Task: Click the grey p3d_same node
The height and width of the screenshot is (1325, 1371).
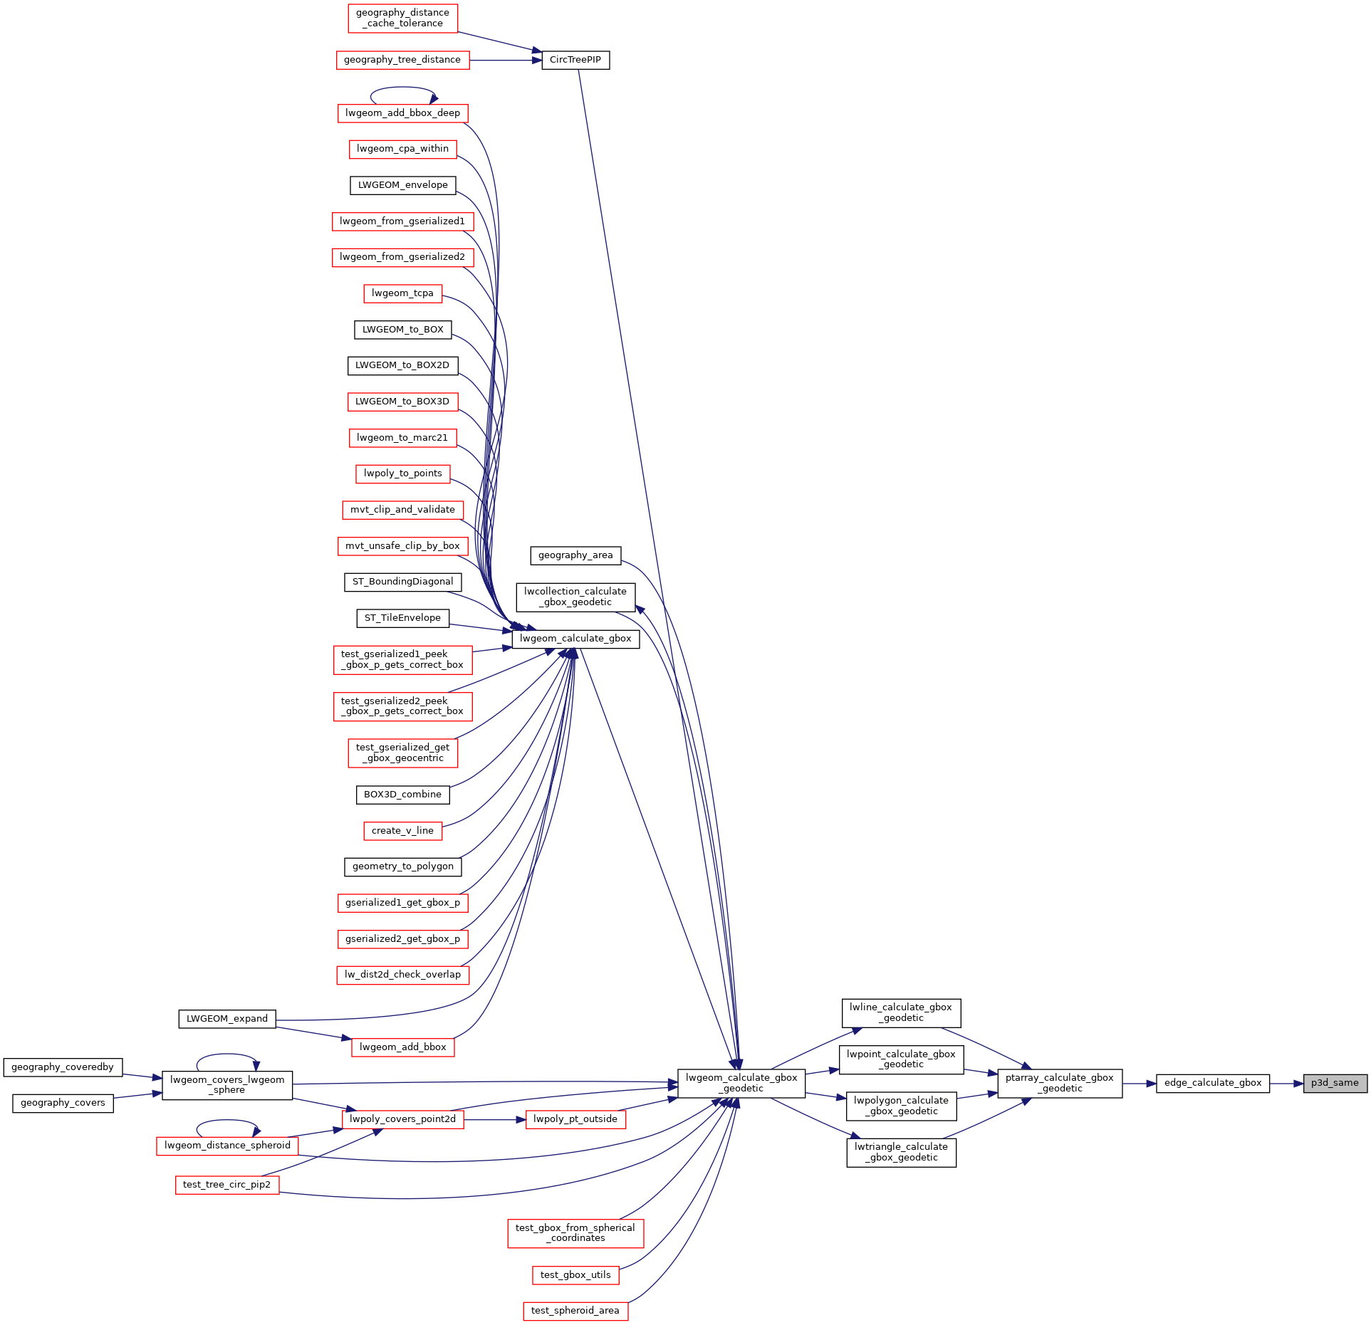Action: [1335, 1083]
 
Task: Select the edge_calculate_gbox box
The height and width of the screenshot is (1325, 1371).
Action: [1212, 1083]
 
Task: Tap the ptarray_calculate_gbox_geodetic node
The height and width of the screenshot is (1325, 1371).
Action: [1059, 1083]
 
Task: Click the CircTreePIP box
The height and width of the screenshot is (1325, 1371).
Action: [575, 60]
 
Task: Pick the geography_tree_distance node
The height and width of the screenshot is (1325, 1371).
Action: [402, 60]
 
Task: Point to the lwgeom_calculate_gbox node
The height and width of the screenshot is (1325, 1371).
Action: [575, 639]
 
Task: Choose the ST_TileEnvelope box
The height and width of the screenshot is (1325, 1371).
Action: [402, 618]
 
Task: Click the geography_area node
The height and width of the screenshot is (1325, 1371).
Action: [575, 555]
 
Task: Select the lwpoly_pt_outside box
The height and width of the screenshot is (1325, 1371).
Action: [575, 1119]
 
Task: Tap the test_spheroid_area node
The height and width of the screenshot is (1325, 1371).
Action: [575, 1311]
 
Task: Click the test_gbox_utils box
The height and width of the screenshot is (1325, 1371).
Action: [575, 1275]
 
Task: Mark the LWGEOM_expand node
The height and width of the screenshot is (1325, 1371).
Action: [227, 1019]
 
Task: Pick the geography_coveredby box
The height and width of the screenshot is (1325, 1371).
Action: [63, 1067]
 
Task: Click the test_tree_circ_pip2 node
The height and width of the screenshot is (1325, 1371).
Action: [227, 1185]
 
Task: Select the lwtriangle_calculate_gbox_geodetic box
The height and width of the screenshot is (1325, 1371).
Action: [901, 1152]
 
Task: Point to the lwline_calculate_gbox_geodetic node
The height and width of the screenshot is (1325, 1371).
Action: [901, 1012]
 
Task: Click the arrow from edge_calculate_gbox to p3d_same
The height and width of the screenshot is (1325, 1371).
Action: [1286, 1084]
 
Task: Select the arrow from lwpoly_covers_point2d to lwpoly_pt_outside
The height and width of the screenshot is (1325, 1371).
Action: [495, 1119]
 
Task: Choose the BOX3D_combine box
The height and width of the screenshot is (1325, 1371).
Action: [402, 795]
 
